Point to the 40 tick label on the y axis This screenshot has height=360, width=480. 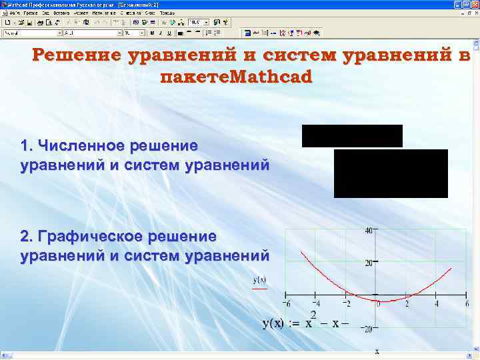pos(369,231)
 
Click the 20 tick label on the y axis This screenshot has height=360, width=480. pos(369,263)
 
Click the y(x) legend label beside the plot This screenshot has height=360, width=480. pos(259,280)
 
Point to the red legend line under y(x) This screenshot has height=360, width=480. pos(259,289)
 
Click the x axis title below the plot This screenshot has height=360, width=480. pos(377,351)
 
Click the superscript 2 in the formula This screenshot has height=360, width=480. pos(313,315)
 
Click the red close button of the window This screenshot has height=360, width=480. pos(474,5)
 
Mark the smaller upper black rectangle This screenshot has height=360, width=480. pos(352,135)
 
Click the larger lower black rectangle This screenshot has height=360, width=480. pos(391,173)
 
